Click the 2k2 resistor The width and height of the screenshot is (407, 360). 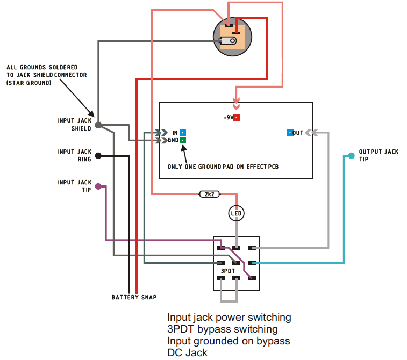click(x=209, y=194)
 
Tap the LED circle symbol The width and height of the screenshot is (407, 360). click(x=237, y=213)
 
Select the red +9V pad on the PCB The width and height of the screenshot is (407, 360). click(x=236, y=117)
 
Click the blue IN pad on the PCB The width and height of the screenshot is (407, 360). click(x=183, y=132)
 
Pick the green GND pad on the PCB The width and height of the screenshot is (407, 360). click(x=183, y=140)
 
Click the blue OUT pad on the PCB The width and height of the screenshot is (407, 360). click(x=290, y=132)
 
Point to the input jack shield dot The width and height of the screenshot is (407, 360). click(x=98, y=125)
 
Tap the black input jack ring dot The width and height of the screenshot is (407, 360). click(x=98, y=156)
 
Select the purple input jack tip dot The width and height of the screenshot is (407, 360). click(x=98, y=186)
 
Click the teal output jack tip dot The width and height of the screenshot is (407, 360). click(x=351, y=156)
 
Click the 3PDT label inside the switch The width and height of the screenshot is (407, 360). click(x=228, y=271)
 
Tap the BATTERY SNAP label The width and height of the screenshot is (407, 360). click(x=134, y=297)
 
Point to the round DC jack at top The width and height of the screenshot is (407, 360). click(x=232, y=37)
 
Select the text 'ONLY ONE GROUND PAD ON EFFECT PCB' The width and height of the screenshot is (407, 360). click(x=223, y=167)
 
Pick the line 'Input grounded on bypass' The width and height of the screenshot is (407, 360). click(x=229, y=341)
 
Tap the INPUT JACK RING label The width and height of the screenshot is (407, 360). click(x=75, y=155)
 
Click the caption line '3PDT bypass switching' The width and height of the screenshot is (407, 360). click(x=223, y=329)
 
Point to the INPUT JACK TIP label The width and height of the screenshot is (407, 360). click(x=75, y=186)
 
